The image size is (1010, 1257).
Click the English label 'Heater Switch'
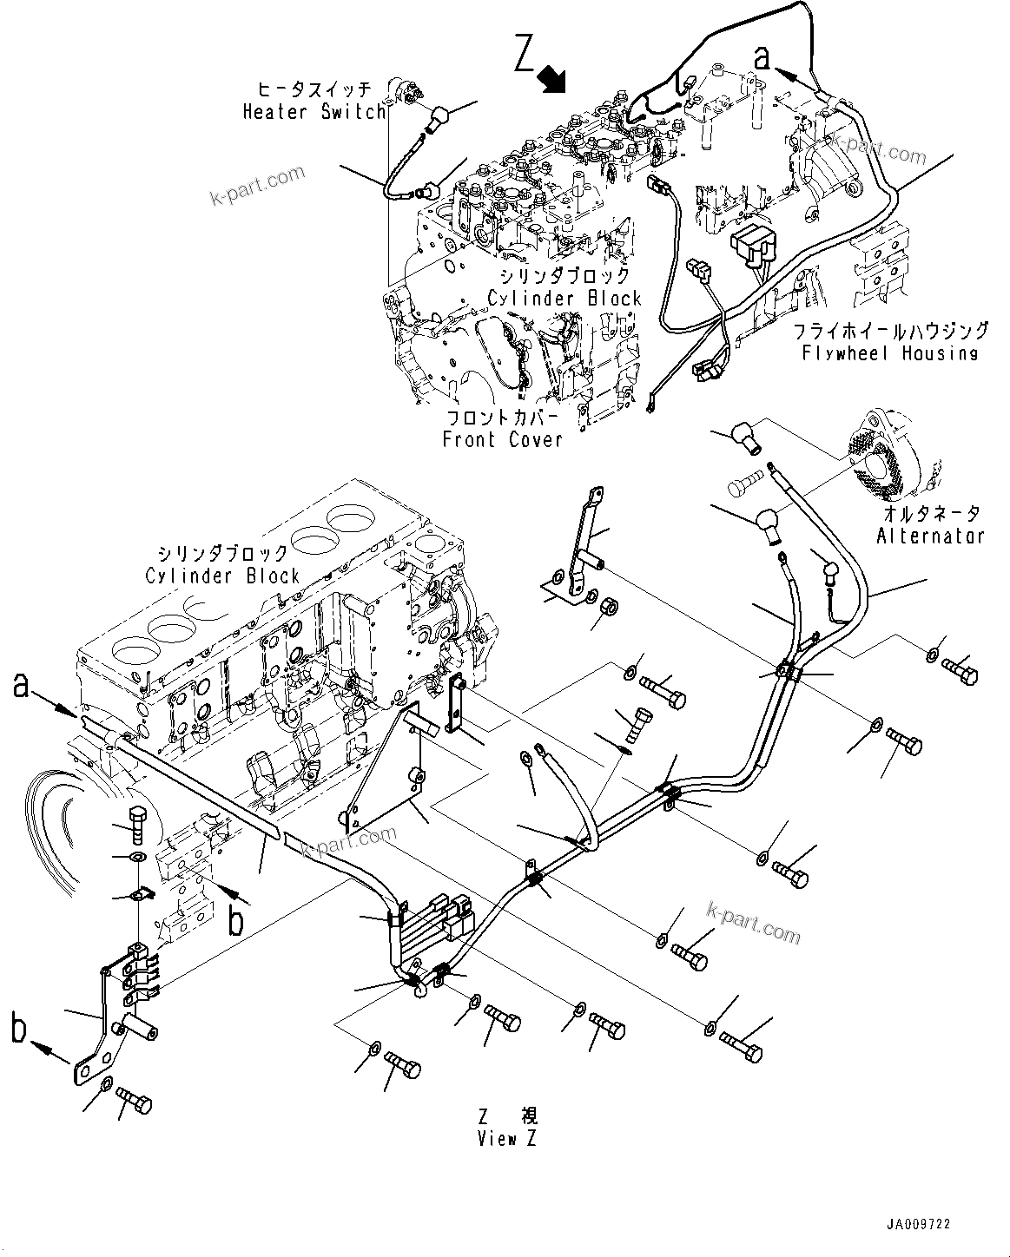[x=314, y=112]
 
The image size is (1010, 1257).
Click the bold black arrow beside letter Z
[x=551, y=80]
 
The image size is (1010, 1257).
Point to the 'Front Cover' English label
[x=502, y=439]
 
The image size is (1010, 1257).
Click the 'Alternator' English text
[x=930, y=536]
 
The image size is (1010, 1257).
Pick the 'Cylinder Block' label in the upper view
[x=564, y=299]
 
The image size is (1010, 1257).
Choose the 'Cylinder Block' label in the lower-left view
[x=221, y=576]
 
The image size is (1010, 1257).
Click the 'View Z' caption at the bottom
[x=506, y=1139]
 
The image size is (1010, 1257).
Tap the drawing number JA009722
[x=919, y=1224]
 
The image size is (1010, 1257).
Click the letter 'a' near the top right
[x=762, y=57]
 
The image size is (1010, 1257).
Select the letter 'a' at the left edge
[x=23, y=687]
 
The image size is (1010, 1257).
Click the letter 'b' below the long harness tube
[x=236, y=921]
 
